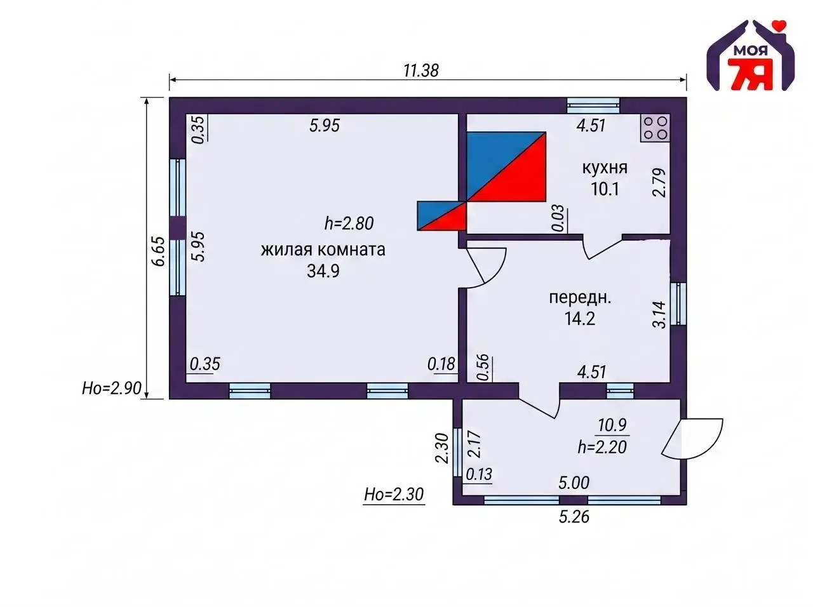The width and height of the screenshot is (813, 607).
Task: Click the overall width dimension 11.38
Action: pyautogui.click(x=420, y=70)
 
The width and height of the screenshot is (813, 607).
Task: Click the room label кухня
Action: pyautogui.click(x=605, y=168)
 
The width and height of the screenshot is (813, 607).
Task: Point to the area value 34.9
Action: pyautogui.click(x=323, y=271)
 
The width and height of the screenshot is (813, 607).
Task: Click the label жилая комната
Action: pyautogui.click(x=323, y=250)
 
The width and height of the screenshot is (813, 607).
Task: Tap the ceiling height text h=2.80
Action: pyautogui.click(x=349, y=223)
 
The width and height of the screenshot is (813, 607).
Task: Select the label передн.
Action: pyautogui.click(x=580, y=298)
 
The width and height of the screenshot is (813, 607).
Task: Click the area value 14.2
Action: pyautogui.click(x=580, y=319)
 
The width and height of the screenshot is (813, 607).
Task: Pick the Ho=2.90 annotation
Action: pyautogui.click(x=112, y=388)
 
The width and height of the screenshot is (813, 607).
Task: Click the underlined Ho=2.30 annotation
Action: pyautogui.click(x=394, y=494)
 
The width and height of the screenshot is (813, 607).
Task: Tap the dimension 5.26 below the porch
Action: pyautogui.click(x=574, y=517)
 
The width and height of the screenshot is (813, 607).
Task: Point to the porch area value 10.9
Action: pyautogui.click(x=612, y=425)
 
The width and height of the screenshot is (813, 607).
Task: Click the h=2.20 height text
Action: pyautogui.click(x=602, y=447)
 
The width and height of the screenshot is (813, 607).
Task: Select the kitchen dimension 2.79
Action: pyautogui.click(x=659, y=182)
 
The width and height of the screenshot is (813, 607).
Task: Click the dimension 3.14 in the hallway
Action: pyautogui.click(x=659, y=315)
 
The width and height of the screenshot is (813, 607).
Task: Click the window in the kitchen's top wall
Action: pyautogui.click(x=593, y=105)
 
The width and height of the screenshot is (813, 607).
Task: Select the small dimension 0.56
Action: pyautogui.click(x=483, y=368)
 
